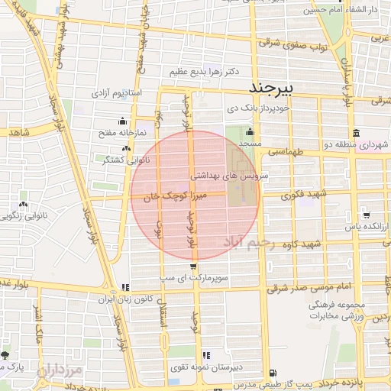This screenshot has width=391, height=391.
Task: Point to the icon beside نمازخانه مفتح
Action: (121, 121)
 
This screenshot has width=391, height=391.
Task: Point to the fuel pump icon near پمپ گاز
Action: (274, 374)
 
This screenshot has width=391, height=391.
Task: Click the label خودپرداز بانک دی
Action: (260, 110)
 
